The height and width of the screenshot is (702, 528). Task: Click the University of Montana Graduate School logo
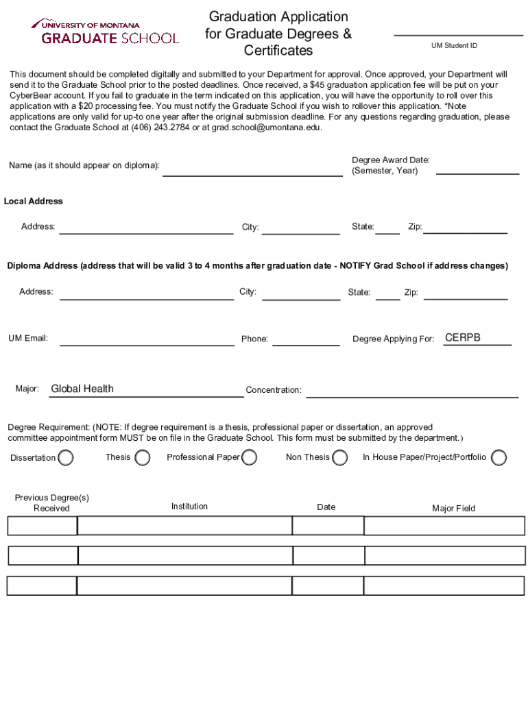pyautogui.click(x=104, y=32)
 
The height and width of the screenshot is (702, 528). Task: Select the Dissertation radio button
pyautogui.click(x=66, y=457)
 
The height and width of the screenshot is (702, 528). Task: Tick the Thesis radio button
pyautogui.click(x=143, y=457)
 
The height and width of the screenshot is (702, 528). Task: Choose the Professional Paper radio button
pyautogui.click(x=250, y=457)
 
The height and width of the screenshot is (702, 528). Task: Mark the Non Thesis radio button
pyautogui.click(x=339, y=457)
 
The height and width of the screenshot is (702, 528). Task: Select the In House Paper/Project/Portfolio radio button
pyautogui.click(x=499, y=457)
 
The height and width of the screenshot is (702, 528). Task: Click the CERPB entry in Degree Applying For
pyautogui.click(x=463, y=338)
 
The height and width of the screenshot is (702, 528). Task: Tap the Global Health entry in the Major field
pyautogui.click(x=82, y=389)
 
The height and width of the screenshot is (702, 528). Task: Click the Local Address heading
pyautogui.click(x=34, y=202)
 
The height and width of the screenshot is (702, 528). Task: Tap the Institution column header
pyautogui.click(x=189, y=507)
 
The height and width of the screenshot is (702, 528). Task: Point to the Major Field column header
pyautogui.click(x=453, y=509)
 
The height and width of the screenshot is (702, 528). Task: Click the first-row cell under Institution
pyautogui.click(x=184, y=526)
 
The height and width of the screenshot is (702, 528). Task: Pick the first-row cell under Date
pyautogui.click(x=327, y=526)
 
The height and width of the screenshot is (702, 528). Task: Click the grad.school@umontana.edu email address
pyautogui.click(x=266, y=128)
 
